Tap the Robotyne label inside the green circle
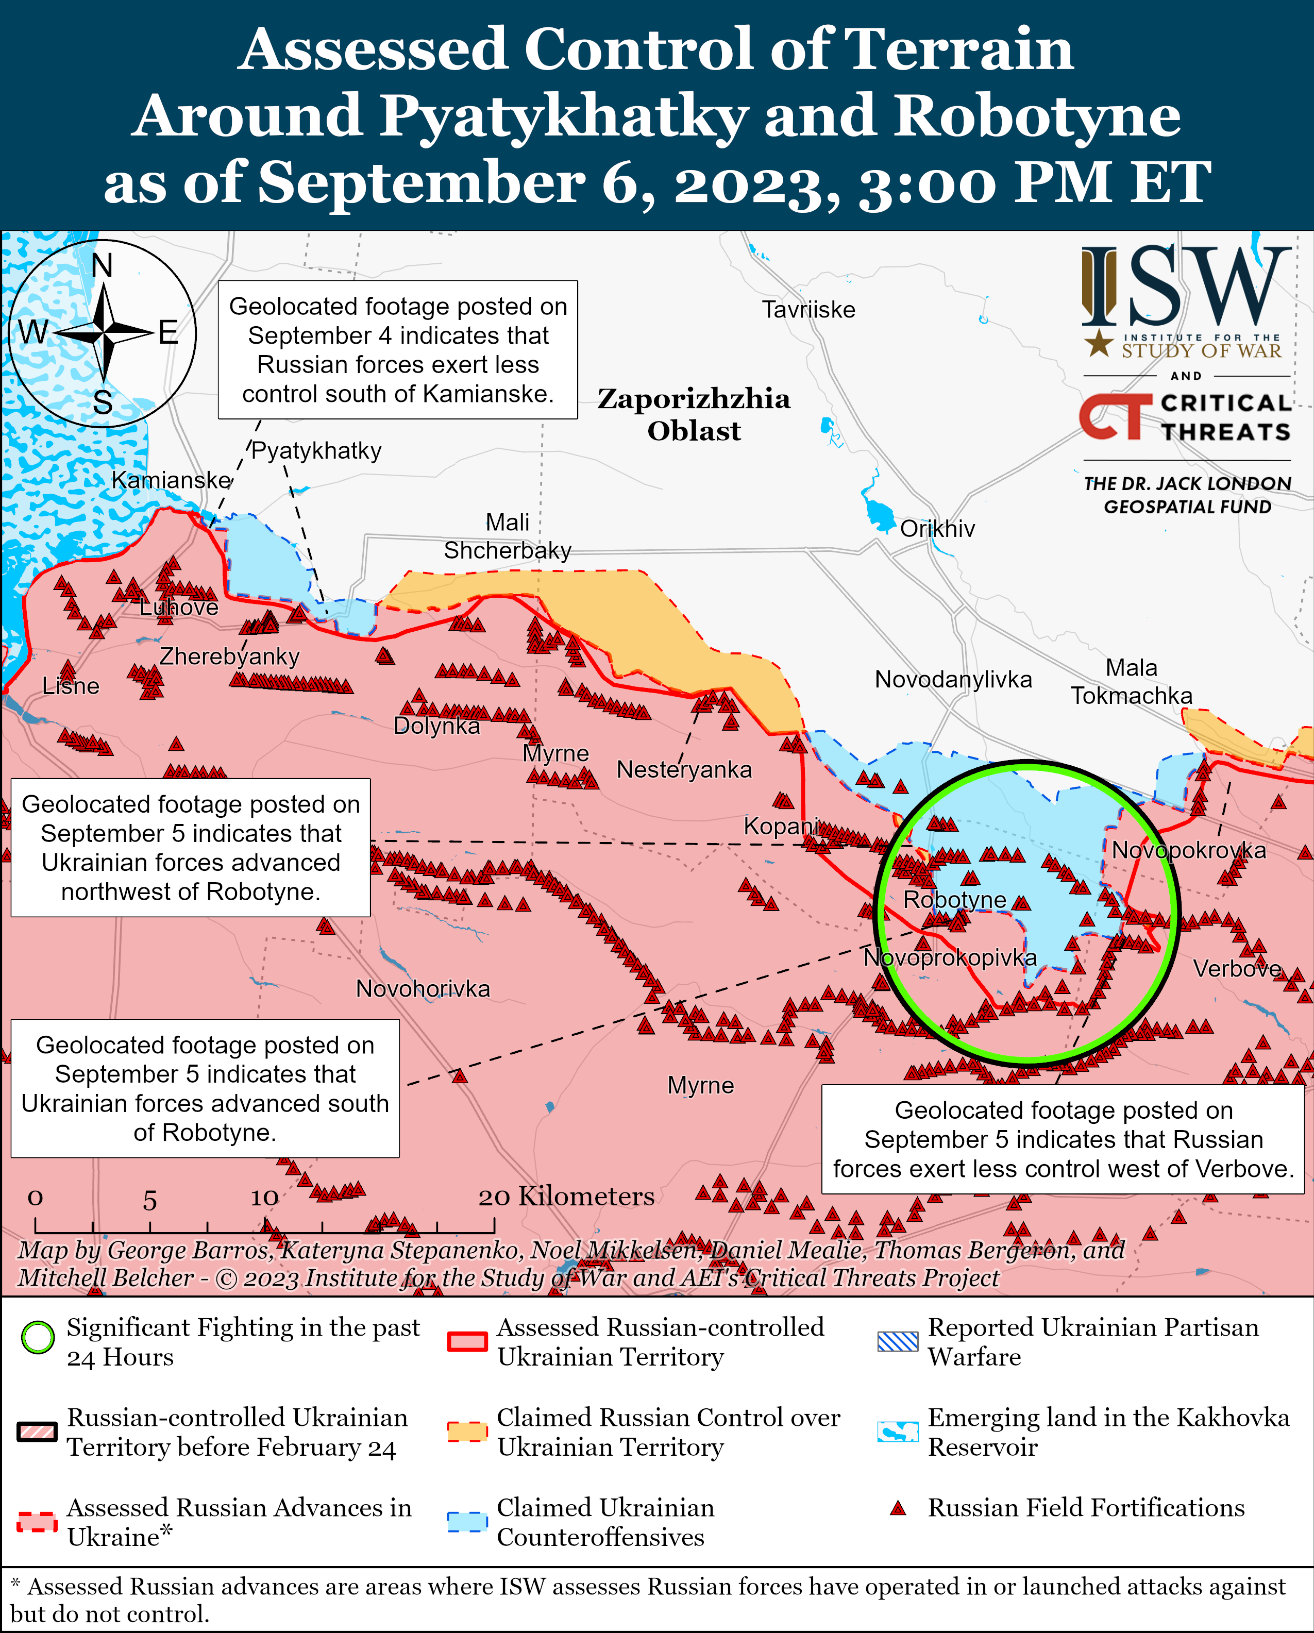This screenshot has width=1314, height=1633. coord(954,900)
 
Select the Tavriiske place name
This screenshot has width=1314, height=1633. coord(808,310)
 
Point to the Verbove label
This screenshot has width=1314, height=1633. coord(1237,969)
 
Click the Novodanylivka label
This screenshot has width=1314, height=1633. coord(953,679)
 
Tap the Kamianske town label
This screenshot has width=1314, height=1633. coord(171,480)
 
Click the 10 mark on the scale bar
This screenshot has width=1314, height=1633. coord(264,1198)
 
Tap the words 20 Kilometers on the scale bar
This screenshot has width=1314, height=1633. coord(566,1196)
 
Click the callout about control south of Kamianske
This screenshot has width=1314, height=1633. coord(398,350)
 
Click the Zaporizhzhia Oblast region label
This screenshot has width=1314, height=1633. coord(693,414)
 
